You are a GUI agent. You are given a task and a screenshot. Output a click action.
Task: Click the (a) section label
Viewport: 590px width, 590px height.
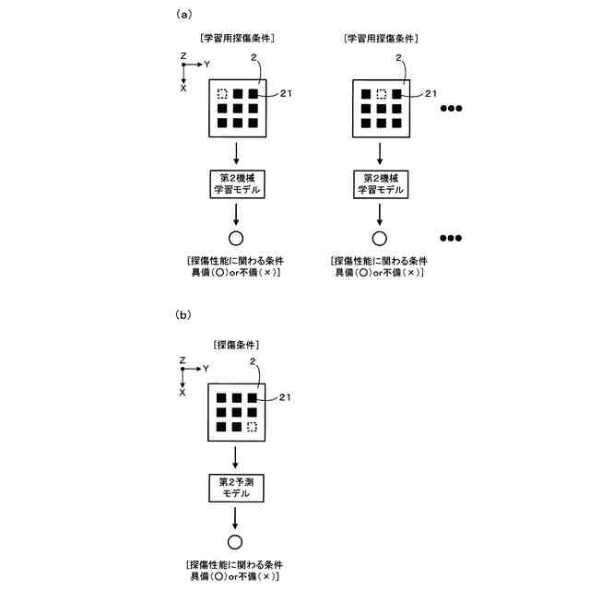point(183,15)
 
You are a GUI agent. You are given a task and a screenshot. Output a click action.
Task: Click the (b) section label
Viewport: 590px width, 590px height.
point(183,314)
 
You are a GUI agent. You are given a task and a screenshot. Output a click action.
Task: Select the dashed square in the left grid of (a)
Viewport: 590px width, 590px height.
point(222,93)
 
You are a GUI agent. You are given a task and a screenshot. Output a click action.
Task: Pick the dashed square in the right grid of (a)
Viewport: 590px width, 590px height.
point(380,93)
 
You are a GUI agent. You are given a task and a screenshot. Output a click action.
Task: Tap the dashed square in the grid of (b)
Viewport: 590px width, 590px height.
point(254,427)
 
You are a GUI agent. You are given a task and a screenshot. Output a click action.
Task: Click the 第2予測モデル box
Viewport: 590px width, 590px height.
point(235,488)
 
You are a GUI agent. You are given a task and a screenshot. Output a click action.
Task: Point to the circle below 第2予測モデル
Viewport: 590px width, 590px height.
point(235,542)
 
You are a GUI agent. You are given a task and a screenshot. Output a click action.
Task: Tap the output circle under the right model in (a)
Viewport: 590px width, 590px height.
point(379,238)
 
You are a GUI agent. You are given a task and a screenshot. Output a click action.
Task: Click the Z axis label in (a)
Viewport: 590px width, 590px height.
point(183,55)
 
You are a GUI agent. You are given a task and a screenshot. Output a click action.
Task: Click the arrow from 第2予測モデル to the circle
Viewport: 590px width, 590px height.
point(235,518)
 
